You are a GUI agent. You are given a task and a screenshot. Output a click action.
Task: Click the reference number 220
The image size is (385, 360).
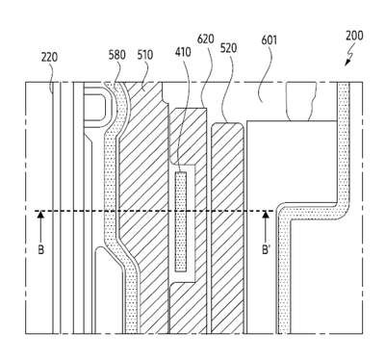49,57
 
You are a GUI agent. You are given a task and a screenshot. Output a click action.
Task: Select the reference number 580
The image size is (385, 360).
116,55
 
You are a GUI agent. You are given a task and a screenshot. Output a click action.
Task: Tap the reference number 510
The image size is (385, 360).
145,55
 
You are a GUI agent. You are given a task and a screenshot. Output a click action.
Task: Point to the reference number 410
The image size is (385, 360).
183,52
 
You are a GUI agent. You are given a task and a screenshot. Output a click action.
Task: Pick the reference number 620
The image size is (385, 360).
205,39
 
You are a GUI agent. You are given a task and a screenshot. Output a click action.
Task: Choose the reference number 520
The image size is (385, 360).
228,48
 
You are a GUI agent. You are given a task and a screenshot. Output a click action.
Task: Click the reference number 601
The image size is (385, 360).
269,40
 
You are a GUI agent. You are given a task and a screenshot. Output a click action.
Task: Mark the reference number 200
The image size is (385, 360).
354,36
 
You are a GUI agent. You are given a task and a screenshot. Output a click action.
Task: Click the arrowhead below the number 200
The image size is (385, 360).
347,64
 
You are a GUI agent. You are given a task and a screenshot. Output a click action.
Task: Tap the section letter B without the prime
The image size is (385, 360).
40,249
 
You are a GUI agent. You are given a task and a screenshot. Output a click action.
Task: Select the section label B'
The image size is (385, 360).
266,249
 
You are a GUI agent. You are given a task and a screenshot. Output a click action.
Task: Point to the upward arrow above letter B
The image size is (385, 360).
40,226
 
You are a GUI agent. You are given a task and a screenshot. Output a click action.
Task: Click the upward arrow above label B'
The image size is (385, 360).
265,226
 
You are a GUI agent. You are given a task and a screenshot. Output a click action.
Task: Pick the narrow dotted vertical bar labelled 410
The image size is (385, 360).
181,221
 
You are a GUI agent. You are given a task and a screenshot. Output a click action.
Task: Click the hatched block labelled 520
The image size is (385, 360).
227,228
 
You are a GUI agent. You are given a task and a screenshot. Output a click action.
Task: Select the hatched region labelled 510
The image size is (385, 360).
144,193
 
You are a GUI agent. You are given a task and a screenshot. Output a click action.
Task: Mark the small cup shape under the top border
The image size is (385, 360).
299,102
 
